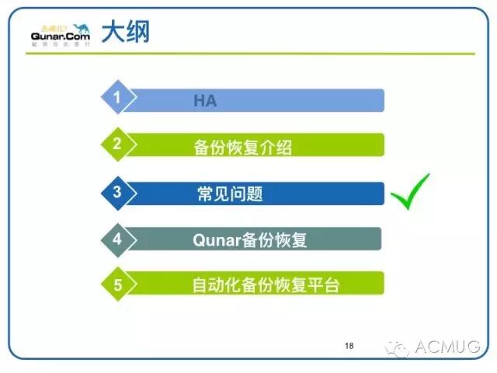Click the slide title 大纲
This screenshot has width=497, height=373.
pos(127,32)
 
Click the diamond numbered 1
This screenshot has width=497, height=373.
pos(117,99)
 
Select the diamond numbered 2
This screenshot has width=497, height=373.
pos(117,144)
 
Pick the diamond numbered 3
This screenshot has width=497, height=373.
pos(117,192)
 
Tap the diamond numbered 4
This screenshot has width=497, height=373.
pos(117,239)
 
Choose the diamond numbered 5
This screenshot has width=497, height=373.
pos(117,284)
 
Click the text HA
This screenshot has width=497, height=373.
pos(206,101)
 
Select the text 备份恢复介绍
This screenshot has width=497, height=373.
pos(242,146)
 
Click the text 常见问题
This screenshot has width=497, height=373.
pos(230,193)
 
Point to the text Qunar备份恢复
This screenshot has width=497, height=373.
pos(249,239)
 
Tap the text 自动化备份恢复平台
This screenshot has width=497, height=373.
pos(266,284)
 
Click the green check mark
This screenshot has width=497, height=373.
pos(409,191)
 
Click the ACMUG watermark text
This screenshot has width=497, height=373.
pos(448,347)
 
